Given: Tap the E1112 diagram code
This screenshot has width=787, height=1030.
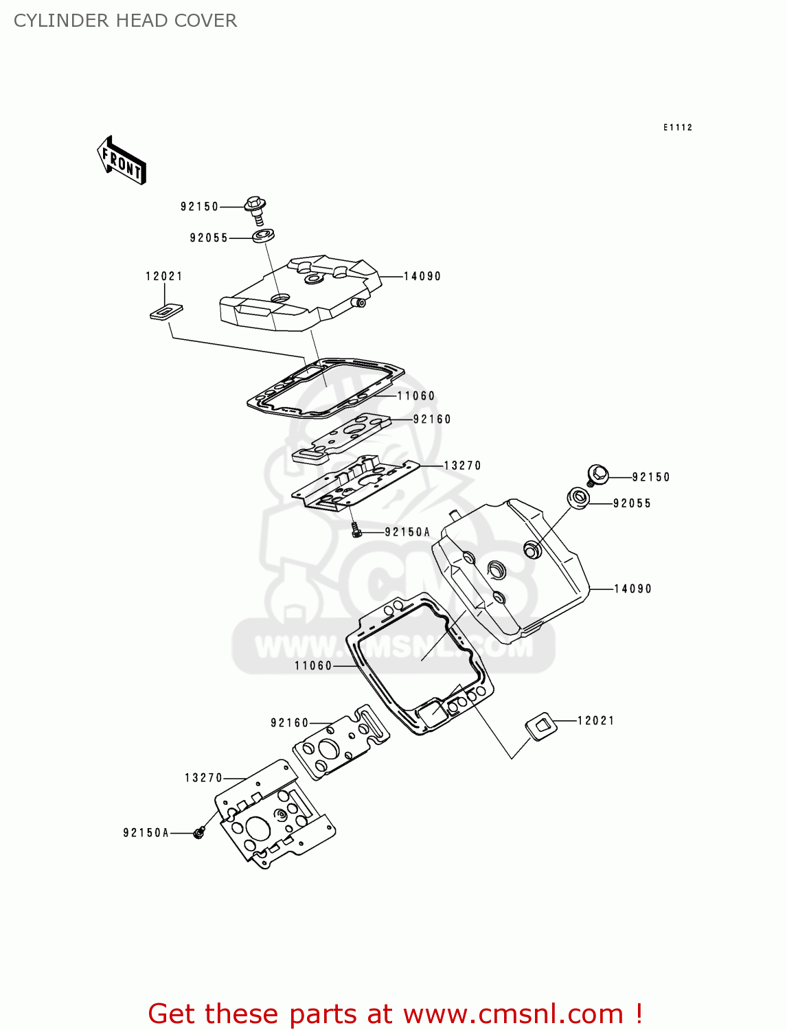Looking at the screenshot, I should coord(677,127).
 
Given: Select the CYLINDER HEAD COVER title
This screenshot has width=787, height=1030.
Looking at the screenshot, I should coord(125,21).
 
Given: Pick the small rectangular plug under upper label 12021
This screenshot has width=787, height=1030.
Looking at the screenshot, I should coord(166,311).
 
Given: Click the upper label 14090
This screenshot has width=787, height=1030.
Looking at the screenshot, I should coord(422,276).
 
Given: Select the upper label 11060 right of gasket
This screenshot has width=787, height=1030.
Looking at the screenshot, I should coord(416,396).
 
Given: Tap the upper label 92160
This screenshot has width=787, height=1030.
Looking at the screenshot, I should coord(432,419).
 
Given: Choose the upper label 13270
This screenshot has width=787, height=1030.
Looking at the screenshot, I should coord(462,466).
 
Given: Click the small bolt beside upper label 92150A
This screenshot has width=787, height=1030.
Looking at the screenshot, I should coord(356,530).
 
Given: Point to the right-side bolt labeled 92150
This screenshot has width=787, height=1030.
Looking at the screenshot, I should coord(597,474).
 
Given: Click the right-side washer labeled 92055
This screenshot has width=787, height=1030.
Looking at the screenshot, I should coord(579,498).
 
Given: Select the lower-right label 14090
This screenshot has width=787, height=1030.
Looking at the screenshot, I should coord(632,588).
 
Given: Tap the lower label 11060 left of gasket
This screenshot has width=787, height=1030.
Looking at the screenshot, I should coord(313,665).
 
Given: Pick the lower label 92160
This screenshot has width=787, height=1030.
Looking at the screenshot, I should coord(290,722).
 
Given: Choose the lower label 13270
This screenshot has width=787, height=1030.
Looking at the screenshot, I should coord(203,778).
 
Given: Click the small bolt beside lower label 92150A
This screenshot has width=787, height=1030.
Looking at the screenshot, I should coord(198,833).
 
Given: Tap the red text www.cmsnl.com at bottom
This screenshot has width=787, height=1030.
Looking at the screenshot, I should coord(513,1014).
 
